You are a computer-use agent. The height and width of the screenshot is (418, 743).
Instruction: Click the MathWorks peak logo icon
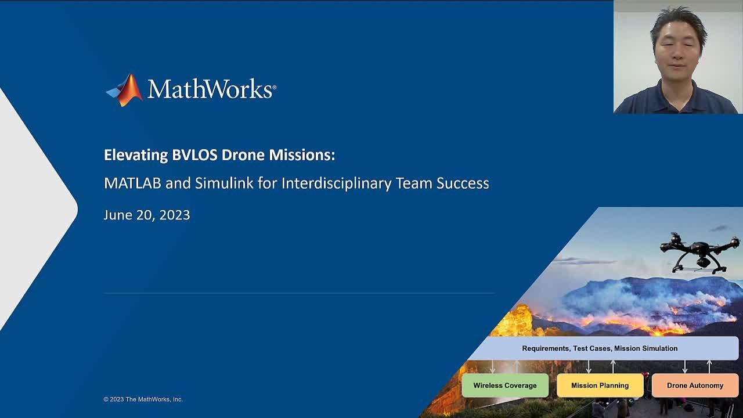click(125, 90)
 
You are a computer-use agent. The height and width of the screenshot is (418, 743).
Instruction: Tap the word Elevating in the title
click(136, 155)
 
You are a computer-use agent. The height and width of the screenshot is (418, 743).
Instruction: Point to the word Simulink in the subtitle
click(224, 183)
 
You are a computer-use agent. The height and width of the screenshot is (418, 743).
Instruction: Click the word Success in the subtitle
click(463, 183)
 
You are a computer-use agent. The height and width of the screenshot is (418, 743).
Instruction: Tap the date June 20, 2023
click(147, 215)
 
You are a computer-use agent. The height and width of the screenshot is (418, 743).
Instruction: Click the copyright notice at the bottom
click(143, 399)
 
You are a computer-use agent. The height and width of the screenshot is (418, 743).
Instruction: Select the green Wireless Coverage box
click(505, 385)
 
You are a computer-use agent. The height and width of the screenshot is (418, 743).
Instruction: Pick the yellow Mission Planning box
click(600, 385)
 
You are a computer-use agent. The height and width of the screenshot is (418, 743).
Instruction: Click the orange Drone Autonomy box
click(695, 385)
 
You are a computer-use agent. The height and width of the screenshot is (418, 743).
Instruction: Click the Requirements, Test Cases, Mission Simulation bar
click(600, 348)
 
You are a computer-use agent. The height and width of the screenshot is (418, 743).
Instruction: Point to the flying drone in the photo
click(699, 253)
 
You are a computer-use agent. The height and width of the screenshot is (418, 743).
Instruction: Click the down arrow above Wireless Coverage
click(493, 366)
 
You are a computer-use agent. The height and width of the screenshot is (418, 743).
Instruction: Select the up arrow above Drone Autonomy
click(709, 366)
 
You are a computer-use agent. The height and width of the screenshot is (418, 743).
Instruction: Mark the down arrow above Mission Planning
click(589, 366)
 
